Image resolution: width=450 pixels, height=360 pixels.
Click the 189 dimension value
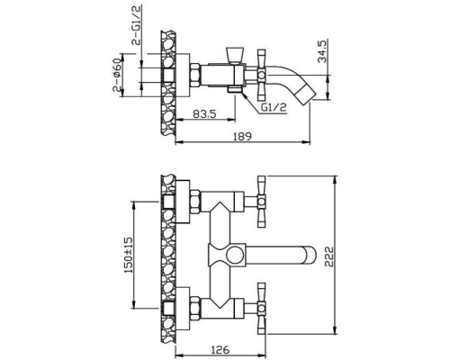click(242, 136)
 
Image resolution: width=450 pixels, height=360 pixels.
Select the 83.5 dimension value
click(204, 114)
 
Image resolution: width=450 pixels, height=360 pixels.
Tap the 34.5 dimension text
click(322, 50)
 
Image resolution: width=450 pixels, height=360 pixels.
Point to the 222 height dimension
click(329, 256)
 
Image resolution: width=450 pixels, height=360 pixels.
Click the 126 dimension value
click(220, 349)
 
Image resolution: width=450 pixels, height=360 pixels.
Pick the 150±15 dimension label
click(129, 255)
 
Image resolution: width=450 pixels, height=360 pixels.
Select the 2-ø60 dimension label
click(117, 75)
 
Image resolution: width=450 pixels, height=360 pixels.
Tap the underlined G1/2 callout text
click(274, 107)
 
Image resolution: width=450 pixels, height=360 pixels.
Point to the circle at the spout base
click(235, 256)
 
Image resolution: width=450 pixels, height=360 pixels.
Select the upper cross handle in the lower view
click(262, 202)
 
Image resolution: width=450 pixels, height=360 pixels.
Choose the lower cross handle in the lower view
click(262, 308)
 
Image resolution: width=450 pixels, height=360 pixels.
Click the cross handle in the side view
click(262, 75)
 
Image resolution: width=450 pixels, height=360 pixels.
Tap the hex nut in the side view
click(195, 75)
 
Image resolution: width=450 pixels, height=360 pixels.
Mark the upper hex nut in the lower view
click(195, 202)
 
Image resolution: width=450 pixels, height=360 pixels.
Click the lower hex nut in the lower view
click(195, 308)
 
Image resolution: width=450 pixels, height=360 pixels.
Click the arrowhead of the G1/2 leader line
click(246, 95)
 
